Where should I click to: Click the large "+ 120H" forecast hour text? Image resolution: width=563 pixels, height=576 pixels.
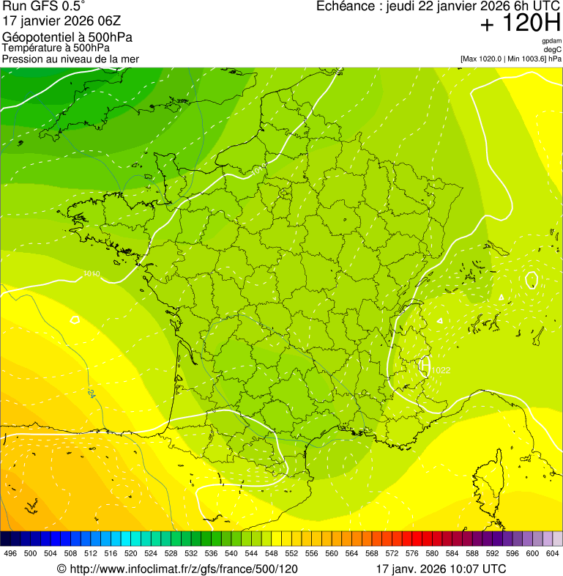point(520,23)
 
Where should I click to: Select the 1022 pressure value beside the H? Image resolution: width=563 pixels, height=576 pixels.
point(441,370)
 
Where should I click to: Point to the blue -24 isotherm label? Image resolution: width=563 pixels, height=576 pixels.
point(91,394)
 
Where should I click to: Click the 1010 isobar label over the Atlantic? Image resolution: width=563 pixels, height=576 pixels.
point(92,274)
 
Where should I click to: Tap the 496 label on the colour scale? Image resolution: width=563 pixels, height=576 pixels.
point(10,553)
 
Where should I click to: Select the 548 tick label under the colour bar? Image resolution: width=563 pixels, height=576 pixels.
point(271,553)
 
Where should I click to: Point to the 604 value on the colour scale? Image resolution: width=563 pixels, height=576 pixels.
point(553,553)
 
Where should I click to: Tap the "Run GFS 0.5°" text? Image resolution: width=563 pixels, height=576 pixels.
point(44,7)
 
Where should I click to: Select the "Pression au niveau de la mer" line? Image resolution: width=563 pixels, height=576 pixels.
point(70,59)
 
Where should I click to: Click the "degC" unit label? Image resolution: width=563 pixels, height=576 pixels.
point(553,50)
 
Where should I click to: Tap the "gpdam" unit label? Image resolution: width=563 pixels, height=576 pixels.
point(551,41)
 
